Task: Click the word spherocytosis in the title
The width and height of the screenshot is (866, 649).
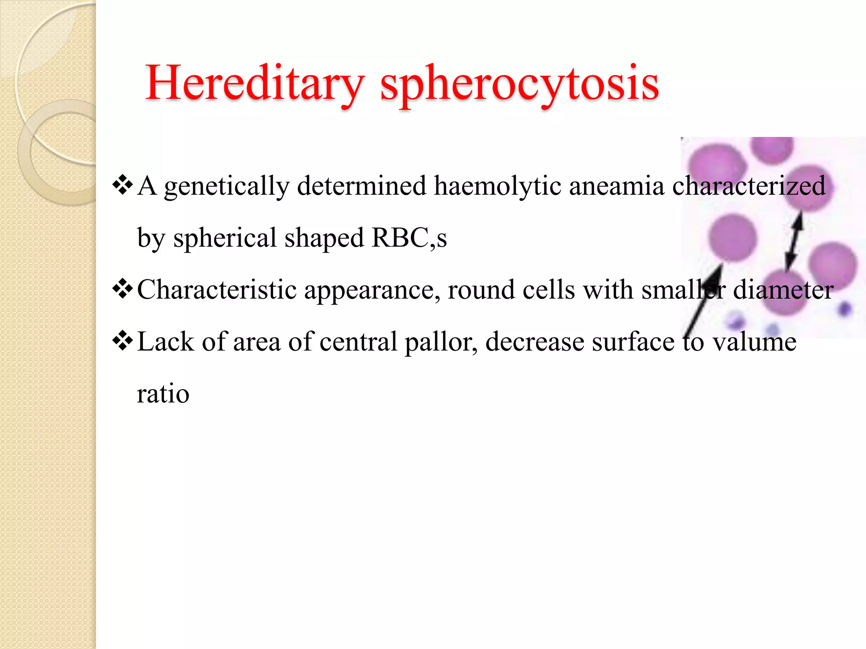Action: point(519,84)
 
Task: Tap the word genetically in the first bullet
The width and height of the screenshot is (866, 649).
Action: point(227,186)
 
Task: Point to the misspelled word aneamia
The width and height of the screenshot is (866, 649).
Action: point(617,186)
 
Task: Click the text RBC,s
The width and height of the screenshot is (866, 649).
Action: point(409,238)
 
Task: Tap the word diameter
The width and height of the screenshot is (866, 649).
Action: point(783,290)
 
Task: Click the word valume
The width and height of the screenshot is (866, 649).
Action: point(754,342)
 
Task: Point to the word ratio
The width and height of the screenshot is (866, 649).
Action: point(163,393)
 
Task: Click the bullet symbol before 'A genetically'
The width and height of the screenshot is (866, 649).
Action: point(122,186)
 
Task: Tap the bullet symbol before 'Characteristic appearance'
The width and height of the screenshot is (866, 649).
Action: point(122,289)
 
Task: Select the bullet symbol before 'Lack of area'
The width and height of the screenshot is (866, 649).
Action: point(122,341)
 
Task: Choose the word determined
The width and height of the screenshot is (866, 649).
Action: point(362,186)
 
